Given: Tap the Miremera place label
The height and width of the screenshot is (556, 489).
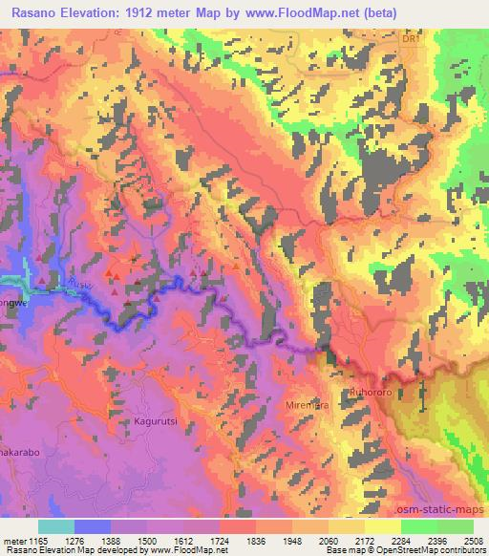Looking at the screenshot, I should point(308,405).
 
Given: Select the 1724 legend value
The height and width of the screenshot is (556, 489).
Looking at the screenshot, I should point(219,540).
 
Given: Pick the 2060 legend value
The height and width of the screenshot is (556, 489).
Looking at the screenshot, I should point(328,540).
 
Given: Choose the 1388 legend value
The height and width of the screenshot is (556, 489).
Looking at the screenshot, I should point(111,540).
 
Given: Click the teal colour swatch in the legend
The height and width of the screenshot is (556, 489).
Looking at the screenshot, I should point(56,526).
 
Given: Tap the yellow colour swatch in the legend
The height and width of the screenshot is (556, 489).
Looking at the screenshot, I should point(382,526).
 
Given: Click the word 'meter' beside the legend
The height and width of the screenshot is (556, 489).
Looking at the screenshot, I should point(13,540).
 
